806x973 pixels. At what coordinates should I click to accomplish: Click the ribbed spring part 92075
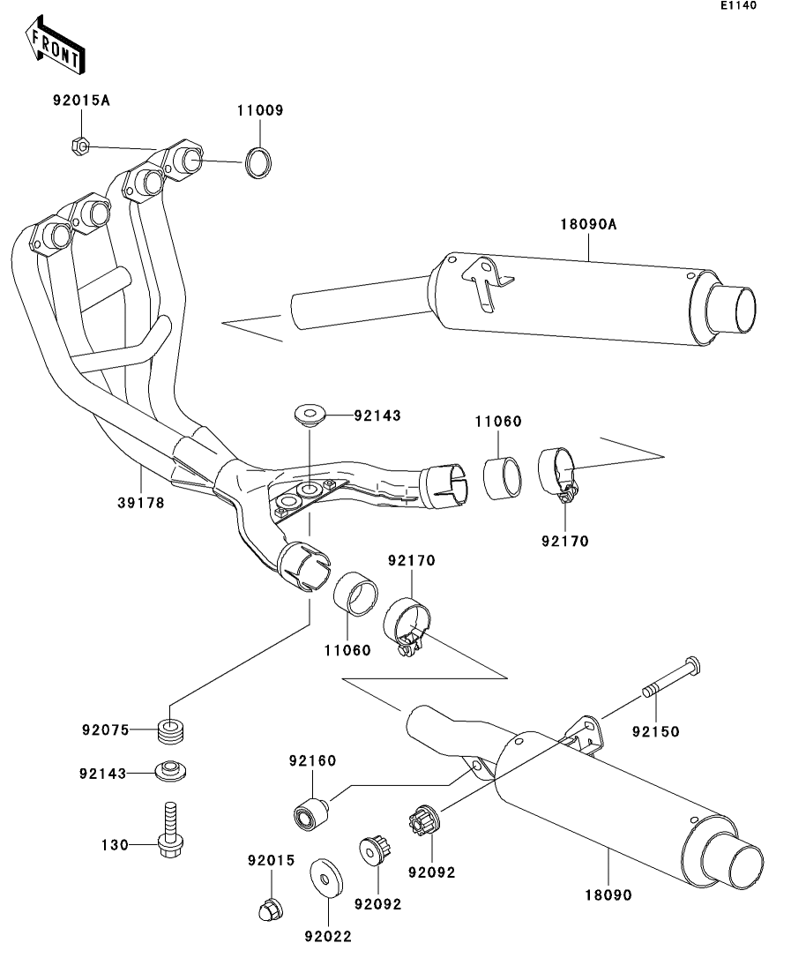tap(171, 731)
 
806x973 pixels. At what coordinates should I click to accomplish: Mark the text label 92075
tap(105, 730)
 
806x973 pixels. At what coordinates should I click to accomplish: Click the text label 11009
tap(259, 111)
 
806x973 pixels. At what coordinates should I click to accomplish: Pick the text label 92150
tap(656, 731)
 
